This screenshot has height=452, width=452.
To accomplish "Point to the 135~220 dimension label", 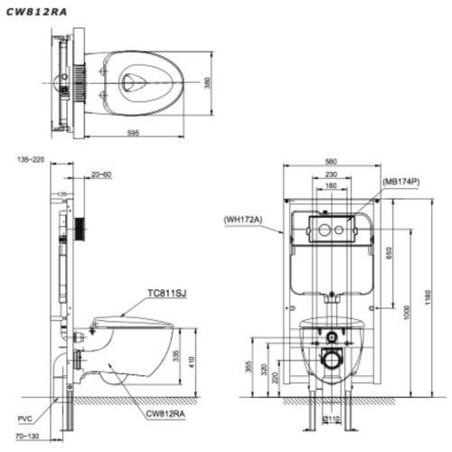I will click(x=30, y=159).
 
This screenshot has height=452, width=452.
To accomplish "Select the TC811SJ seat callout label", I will click(x=166, y=293).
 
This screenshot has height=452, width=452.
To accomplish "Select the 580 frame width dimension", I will click(x=332, y=164).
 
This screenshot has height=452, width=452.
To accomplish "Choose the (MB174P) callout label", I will click(x=401, y=181).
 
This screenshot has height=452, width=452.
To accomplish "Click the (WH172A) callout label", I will click(x=237, y=217).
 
